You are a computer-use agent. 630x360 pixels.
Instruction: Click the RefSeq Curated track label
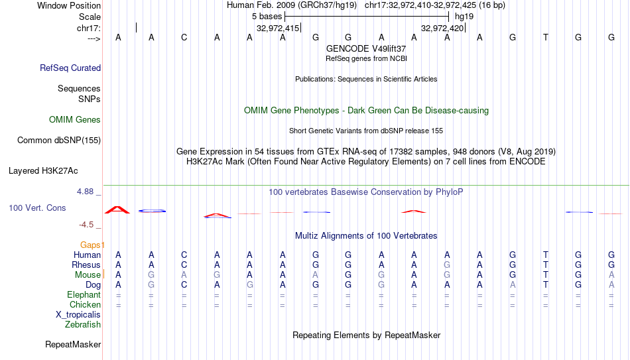coord(70,68)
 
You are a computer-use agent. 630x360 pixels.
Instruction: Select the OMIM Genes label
coord(75,120)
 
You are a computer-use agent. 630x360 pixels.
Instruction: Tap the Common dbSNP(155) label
coord(59,141)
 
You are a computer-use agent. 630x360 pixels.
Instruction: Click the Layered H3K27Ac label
coord(43,171)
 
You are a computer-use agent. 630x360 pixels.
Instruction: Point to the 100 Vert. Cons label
coord(37,208)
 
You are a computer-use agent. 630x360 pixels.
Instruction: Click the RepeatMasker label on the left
coord(73,344)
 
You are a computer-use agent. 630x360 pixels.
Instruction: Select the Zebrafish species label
coord(83,325)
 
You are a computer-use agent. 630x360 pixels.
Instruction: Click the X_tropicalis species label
coord(78,315)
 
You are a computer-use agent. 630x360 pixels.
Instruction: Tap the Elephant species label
coord(84,295)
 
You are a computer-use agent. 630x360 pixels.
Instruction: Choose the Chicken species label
coord(85,305)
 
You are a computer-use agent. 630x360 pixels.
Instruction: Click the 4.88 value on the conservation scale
coord(85,192)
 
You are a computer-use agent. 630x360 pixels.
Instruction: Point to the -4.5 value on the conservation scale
coord(86,225)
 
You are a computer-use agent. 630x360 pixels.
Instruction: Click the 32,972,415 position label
coord(278,28)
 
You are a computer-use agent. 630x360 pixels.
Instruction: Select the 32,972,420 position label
coord(442,28)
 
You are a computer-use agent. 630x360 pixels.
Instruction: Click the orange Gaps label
coord(90,245)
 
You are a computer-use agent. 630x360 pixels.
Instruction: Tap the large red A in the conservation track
coord(117,210)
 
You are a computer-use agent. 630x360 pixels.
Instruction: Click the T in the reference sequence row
coord(545,37)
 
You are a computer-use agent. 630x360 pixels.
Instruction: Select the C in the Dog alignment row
coord(184,285)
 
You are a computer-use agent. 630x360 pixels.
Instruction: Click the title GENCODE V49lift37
coord(366,48)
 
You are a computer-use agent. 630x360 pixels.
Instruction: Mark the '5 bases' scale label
coord(267,17)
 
